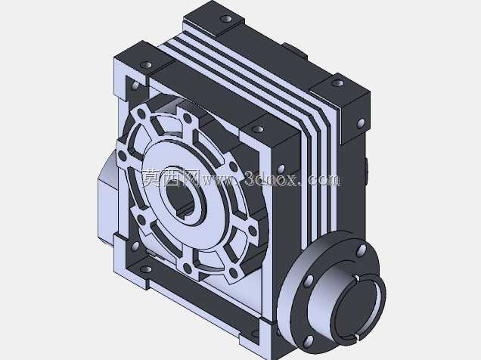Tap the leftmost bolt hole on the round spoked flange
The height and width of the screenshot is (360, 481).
pos(122,156)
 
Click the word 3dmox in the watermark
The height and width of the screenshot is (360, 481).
pos(272,178)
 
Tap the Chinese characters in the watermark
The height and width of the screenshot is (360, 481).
pos(171,178)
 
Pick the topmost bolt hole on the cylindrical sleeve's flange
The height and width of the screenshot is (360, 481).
pos(362,249)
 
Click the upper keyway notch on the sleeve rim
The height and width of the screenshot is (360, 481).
pos(357,278)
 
